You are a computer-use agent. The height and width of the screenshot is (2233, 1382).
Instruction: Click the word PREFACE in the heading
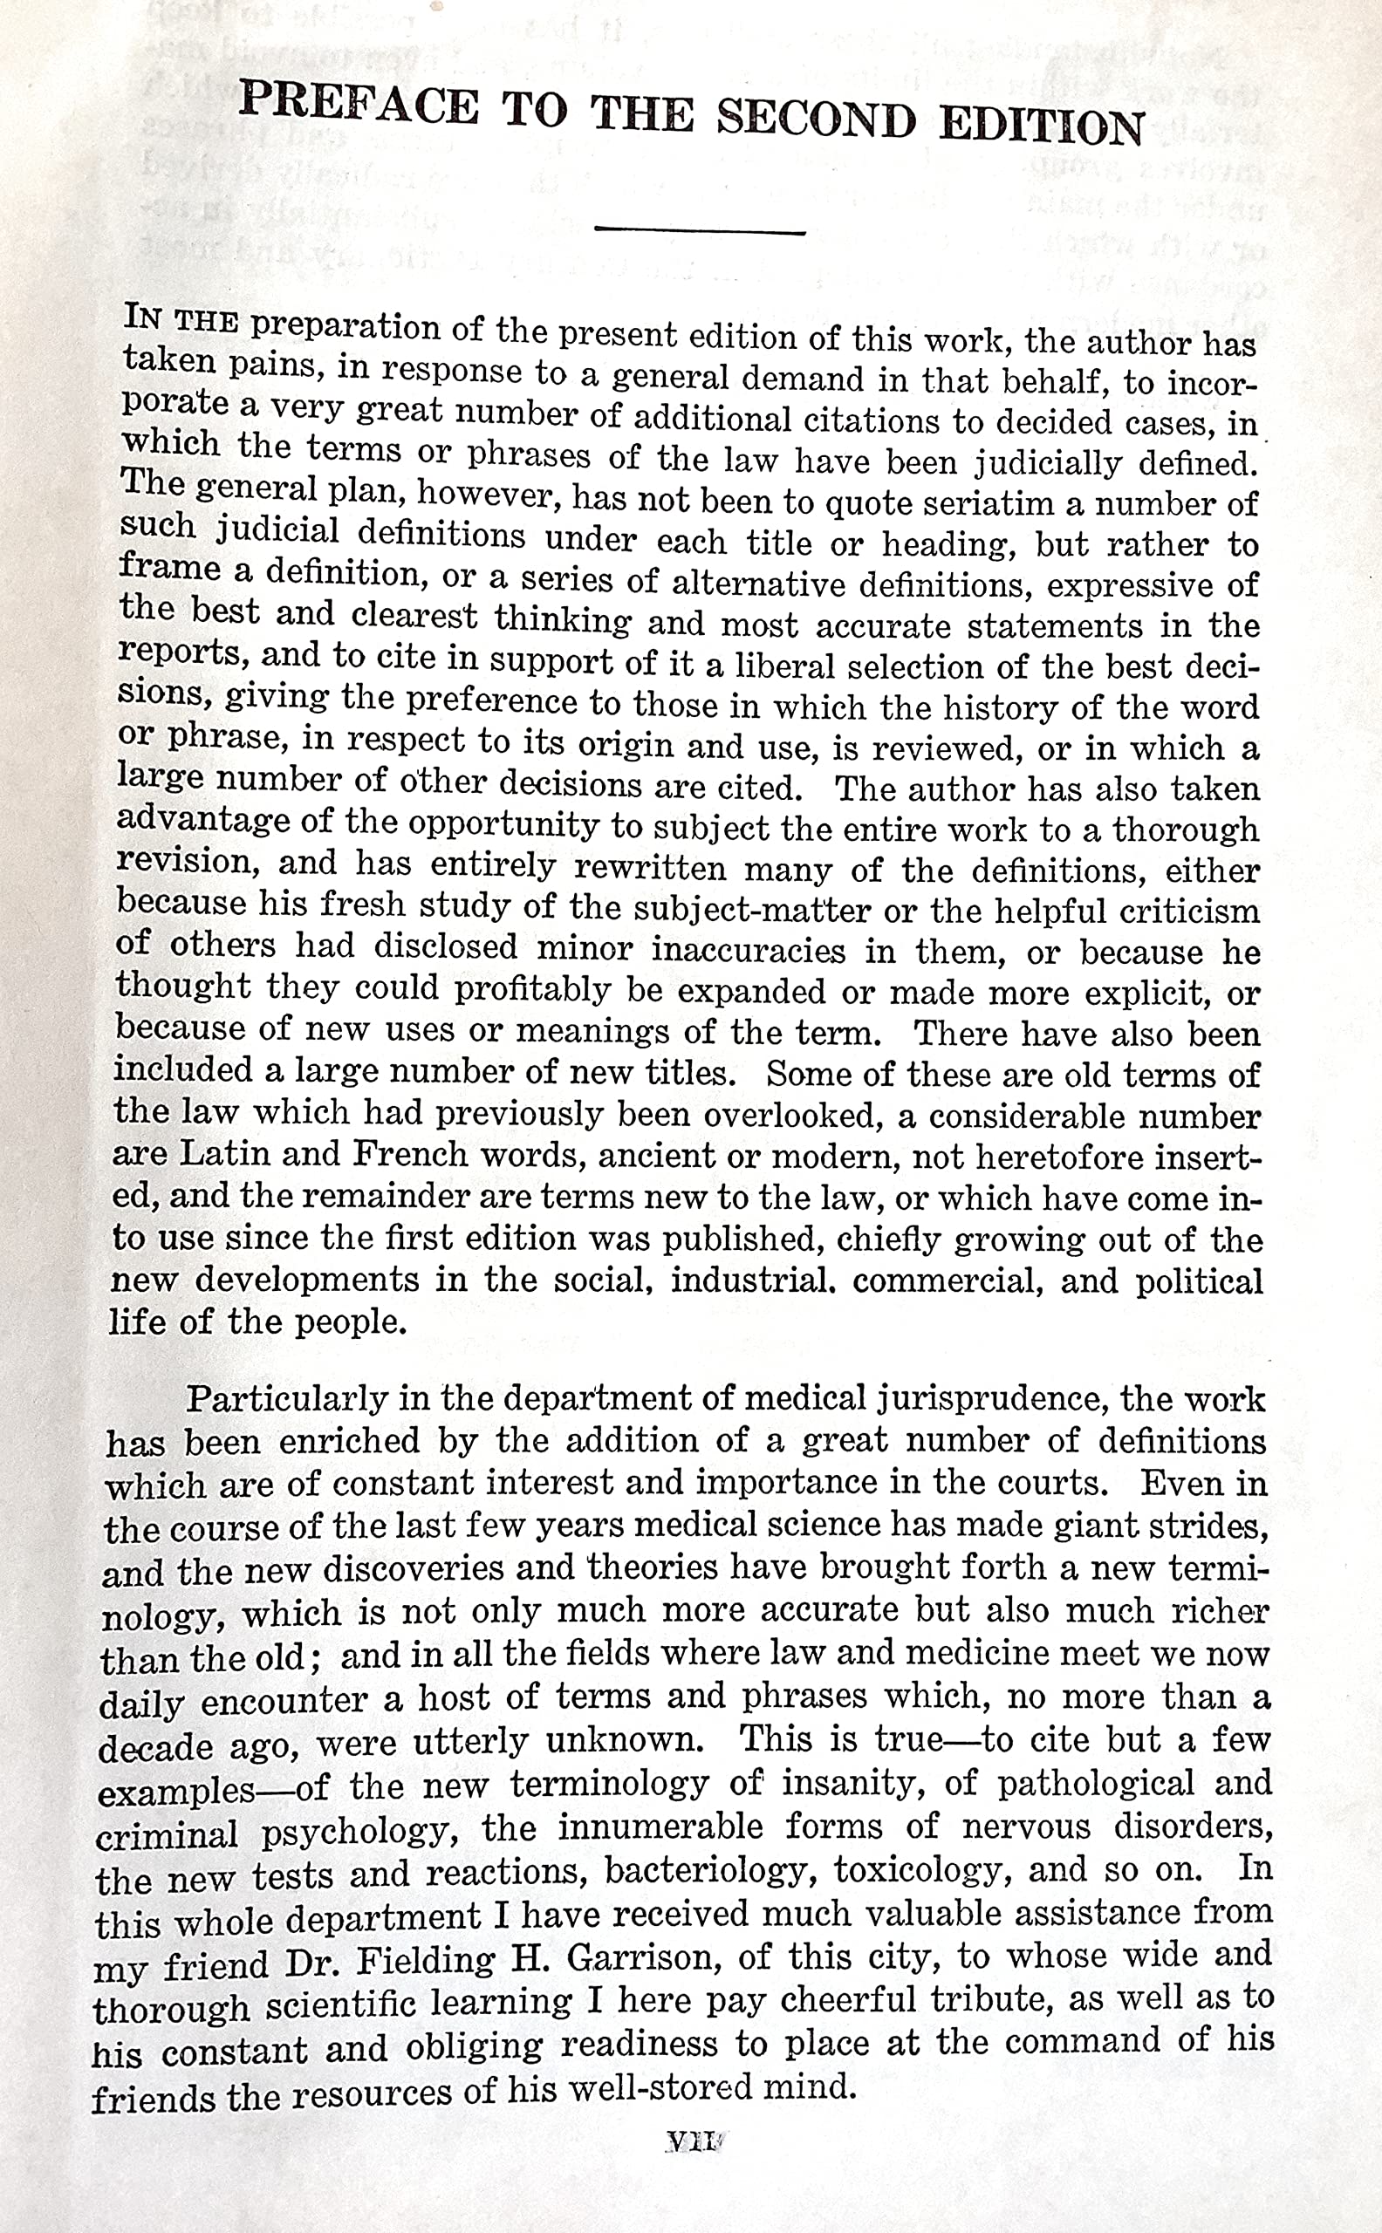358,102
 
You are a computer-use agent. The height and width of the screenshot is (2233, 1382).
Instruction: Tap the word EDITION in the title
1042,126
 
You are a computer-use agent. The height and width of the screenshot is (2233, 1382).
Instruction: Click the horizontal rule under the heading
699,230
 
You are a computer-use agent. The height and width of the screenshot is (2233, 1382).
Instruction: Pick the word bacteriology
708,1870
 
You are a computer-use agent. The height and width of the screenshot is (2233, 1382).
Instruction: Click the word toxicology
922,1869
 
